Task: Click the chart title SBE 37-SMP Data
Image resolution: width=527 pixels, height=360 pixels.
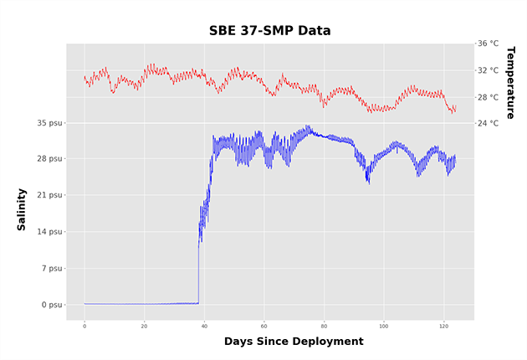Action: pos(269,31)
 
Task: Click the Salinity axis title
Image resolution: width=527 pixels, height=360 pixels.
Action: pos(22,209)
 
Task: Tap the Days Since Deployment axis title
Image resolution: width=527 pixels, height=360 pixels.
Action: pos(294,342)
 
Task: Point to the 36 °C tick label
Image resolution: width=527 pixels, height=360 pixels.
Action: pos(488,44)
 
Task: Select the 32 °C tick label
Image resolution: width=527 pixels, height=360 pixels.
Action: pos(488,70)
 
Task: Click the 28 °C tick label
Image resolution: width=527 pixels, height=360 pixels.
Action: pos(488,97)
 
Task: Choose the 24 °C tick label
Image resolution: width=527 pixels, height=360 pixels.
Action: pos(488,123)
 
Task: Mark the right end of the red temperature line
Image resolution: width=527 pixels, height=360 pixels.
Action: pos(455,108)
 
